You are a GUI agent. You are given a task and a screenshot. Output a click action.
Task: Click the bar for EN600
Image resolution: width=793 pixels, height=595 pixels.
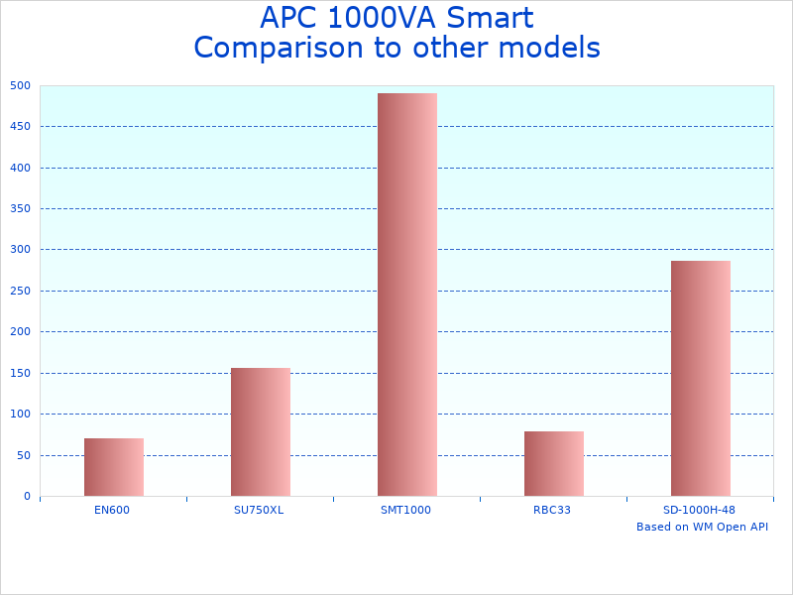tap(114, 467)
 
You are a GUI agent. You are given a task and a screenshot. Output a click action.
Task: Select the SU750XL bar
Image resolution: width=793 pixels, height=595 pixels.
tap(261, 432)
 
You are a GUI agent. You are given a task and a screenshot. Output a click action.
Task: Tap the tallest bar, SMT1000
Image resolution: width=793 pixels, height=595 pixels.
tap(407, 295)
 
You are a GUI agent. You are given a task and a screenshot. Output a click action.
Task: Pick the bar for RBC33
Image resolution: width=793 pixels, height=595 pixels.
tap(554, 464)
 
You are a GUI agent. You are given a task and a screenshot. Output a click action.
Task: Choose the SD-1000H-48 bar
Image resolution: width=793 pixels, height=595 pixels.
tap(701, 379)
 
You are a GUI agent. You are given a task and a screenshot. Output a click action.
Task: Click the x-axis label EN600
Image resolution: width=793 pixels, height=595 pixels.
tap(112, 510)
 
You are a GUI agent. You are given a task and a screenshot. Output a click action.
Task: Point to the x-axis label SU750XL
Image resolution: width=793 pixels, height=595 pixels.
tap(259, 510)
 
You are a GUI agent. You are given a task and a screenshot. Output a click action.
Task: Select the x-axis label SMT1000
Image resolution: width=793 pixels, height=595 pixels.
tap(405, 510)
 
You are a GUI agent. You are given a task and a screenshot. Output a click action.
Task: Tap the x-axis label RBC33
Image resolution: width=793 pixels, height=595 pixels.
tap(552, 510)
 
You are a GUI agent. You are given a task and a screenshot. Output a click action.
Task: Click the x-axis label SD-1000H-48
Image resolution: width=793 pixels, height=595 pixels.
tap(699, 510)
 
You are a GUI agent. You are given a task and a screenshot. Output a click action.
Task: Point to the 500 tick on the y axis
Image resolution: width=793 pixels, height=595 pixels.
tap(21, 85)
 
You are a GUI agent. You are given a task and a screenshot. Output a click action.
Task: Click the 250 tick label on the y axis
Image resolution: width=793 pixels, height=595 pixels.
tap(21, 291)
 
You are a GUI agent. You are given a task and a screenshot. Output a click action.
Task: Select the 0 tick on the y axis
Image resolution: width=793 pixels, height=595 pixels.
tap(27, 496)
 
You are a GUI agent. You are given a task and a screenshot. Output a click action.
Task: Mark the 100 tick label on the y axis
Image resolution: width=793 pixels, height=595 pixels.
tap(21, 414)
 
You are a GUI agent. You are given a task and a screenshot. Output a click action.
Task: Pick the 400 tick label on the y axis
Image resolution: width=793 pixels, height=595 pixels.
tap(21, 168)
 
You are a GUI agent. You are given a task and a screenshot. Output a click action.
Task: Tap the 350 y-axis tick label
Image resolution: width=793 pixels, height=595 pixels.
tap(21, 208)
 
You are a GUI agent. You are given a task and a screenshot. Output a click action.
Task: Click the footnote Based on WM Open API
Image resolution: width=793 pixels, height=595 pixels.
tap(702, 527)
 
